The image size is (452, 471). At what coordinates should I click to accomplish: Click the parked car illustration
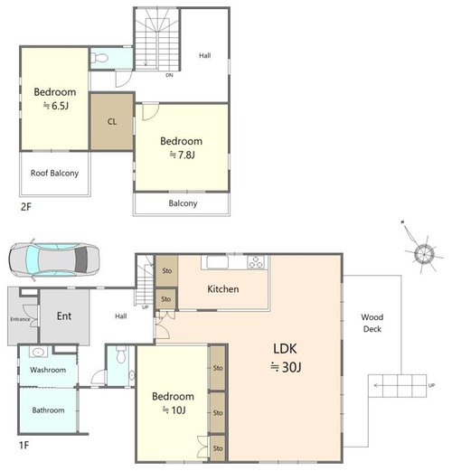coord(54,259)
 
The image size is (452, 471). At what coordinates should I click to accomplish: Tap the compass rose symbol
coord(424,254)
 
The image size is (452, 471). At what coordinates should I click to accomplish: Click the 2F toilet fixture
coord(99,58)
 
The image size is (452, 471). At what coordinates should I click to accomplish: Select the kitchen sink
coord(217,262)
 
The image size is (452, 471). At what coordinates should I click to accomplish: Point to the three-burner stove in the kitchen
coord(256,262)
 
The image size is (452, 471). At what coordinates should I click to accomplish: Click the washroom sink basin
coord(38,352)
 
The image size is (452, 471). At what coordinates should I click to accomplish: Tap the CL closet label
coord(112,121)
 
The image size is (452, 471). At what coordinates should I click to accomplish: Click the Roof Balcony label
coord(54,174)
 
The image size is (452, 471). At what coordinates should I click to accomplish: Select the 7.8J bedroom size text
coord(183,155)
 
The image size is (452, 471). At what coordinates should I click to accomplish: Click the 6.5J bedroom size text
coord(56,106)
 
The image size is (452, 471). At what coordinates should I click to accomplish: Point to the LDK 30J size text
coord(286,367)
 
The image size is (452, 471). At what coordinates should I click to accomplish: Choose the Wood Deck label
coord(372,323)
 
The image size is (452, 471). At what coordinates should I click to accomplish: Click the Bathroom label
coord(48,410)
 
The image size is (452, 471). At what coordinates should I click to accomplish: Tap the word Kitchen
coord(223,289)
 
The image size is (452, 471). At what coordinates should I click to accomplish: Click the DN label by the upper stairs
coord(169,75)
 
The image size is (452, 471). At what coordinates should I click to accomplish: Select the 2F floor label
coord(26,207)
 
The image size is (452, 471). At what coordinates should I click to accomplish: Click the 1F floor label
coord(24,445)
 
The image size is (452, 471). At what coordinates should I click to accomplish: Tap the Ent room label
coord(64,316)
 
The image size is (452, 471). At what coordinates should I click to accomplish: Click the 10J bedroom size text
coord(174,410)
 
